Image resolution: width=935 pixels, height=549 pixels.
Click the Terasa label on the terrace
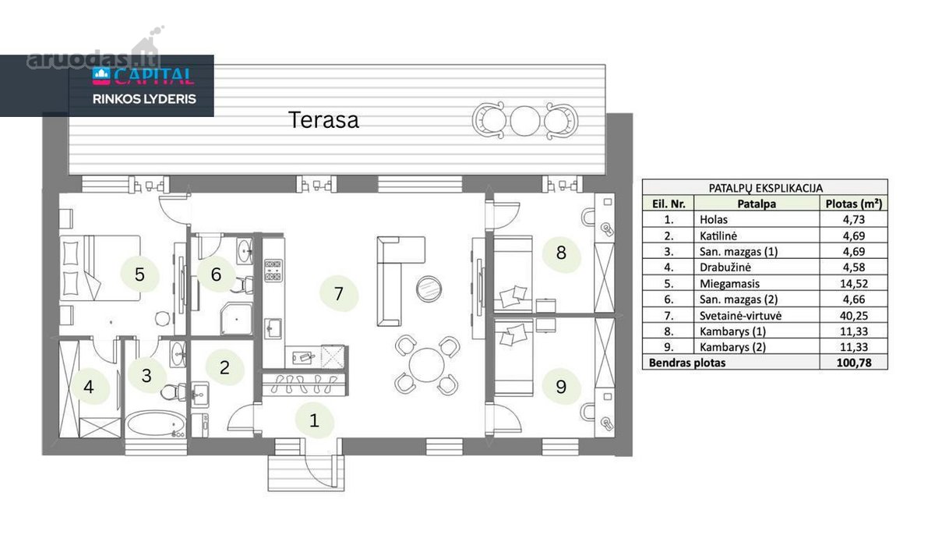(323, 120)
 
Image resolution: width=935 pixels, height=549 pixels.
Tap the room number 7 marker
(338, 294)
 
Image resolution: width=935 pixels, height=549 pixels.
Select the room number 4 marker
(89, 387)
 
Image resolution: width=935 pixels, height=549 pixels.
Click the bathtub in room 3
(156, 424)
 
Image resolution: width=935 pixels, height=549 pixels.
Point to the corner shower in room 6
(236, 319)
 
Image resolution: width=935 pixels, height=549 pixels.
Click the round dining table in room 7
(427, 365)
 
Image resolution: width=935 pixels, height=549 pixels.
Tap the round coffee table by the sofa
(429, 289)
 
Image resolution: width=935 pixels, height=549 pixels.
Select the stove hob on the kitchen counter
(273, 271)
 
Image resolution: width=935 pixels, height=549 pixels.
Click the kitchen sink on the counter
(273, 329)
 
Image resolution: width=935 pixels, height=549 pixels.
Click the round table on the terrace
(525, 121)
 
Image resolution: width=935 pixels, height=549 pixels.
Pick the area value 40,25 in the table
(854, 316)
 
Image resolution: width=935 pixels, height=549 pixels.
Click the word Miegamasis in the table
(729, 284)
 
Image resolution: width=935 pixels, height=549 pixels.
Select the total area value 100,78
(854, 363)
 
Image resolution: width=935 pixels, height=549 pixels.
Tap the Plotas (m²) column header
(854, 204)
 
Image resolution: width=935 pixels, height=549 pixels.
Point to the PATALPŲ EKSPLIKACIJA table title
(765, 188)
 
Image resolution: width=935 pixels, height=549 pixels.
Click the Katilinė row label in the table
(718, 236)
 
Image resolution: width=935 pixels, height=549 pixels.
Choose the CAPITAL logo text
(153, 76)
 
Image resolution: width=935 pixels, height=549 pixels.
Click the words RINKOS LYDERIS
(144, 100)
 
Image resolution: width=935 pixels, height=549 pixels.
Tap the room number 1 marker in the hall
(314, 420)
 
